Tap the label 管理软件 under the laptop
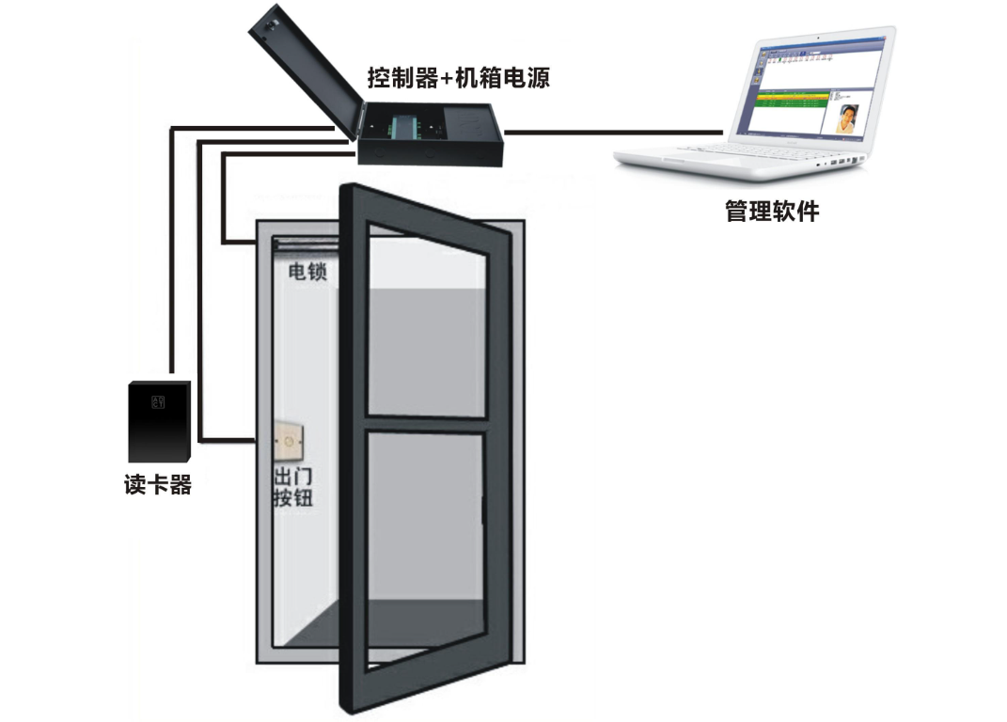pyautogui.click(x=772, y=211)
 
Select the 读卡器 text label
pyautogui.click(x=158, y=485)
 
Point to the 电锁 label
pyautogui.click(x=307, y=274)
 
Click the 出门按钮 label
pyautogui.click(x=291, y=488)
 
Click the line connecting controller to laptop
pyautogui.click(x=616, y=133)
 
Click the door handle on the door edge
pyautogui.click(x=482, y=512)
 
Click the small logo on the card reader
pyautogui.click(x=157, y=401)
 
